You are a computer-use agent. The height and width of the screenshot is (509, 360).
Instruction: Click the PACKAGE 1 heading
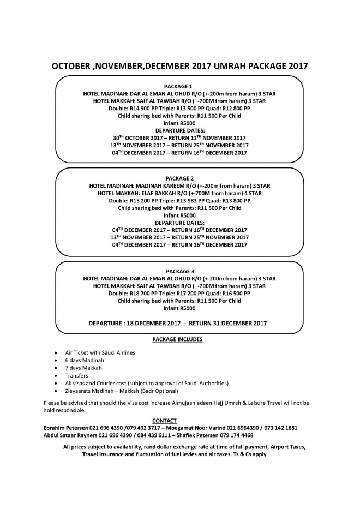pyautogui.click(x=179, y=86)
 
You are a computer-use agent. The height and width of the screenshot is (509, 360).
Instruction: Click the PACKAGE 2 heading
pyautogui.click(x=179, y=178)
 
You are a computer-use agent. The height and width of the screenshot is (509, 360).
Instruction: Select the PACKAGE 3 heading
pyautogui.click(x=179, y=271)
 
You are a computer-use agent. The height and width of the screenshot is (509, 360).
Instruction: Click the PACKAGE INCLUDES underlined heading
pyautogui.click(x=177, y=339)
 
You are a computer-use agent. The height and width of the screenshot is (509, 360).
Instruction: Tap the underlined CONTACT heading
pyautogui.click(x=164, y=421)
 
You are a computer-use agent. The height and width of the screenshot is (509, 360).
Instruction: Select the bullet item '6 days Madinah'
pyautogui.click(x=85, y=360)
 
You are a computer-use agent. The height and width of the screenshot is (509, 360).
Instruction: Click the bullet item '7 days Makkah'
pyautogui.click(x=83, y=368)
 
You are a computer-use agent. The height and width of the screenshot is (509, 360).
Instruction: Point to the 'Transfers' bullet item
pyautogui.click(x=76, y=375)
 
